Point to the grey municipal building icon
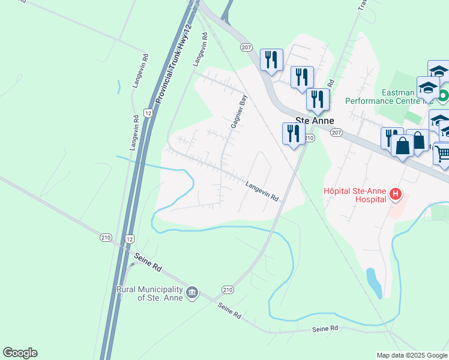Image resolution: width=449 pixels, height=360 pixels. pyautogui.click(x=191, y=292)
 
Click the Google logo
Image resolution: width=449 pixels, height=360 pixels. pyautogui.click(x=20, y=353)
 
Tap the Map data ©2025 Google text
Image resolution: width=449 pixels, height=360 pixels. pyautogui.click(x=411, y=355)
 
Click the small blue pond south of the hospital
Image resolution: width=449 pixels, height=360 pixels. pyautogui.click(x=373, y=283)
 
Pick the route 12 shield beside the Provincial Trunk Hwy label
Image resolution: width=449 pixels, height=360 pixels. pyautogui.click(x=148, y=113)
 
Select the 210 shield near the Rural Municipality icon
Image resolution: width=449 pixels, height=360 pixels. pyautogui.click(x=228, y=289)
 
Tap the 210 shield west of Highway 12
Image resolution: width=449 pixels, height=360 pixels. pyautogui.click(x=106, y=238)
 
